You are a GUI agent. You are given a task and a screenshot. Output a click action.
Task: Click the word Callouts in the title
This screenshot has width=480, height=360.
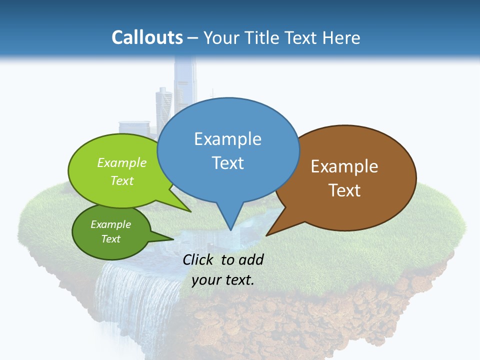(x=147, y=37)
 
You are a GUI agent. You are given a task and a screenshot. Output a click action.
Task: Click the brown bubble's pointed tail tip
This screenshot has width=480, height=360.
(x=266, y=235)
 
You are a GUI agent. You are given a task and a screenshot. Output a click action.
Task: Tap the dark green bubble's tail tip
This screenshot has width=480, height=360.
(x=173, y=239)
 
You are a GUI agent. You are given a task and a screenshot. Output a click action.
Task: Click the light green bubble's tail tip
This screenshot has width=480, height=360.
(x=191, y=211)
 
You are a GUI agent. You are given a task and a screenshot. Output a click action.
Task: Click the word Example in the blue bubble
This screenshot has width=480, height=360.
(x=227, y=138)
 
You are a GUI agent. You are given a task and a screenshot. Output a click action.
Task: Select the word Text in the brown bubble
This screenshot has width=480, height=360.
(x=344, y=190)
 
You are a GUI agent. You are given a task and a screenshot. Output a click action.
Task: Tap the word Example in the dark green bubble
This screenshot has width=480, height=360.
(x=110, y=224)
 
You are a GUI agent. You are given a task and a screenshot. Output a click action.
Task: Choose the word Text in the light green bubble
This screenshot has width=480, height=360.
(x=122, y=180)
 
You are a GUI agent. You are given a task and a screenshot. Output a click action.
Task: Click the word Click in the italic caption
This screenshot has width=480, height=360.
(x=199, y=259)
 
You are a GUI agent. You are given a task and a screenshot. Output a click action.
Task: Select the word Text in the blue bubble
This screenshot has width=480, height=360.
(x=227, y=162)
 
